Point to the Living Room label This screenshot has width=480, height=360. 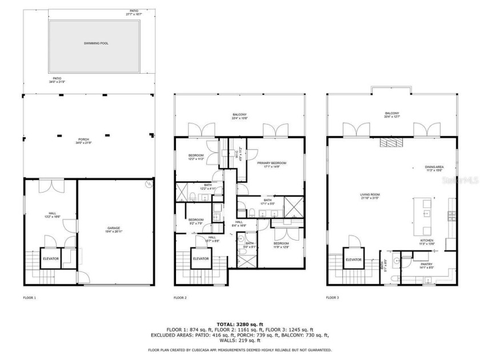(370, 197)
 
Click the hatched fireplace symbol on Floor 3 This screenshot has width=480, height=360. (391, 142)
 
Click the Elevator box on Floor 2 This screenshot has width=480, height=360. (201, 259)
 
